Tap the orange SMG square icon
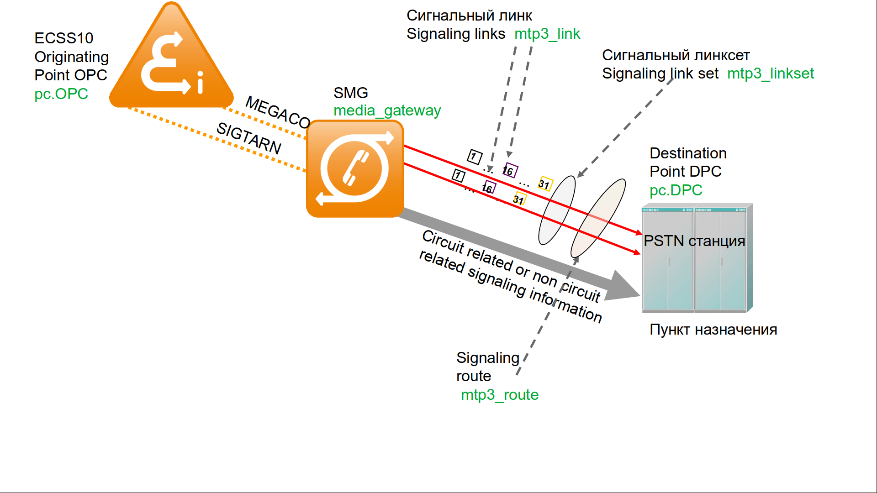tap(355, 168)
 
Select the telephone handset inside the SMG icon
tap(355, 168)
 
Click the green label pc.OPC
tap(61, 94)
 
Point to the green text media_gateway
tap(387, 110)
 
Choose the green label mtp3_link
tap(547, 34)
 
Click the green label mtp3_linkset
tap(770, 73)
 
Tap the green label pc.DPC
tap(676, 190)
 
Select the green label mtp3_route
tap(499, 395)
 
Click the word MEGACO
tap(278, 112)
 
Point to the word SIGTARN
tap(249, 138)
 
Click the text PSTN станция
tap(694, 241)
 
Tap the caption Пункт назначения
tap(713, 330)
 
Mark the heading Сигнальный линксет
tap(676, 55)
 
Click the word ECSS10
tap(64, 38)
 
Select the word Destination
tap(688, 153)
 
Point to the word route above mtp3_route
tap(474, 376)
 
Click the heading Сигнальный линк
tap(469, 16)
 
